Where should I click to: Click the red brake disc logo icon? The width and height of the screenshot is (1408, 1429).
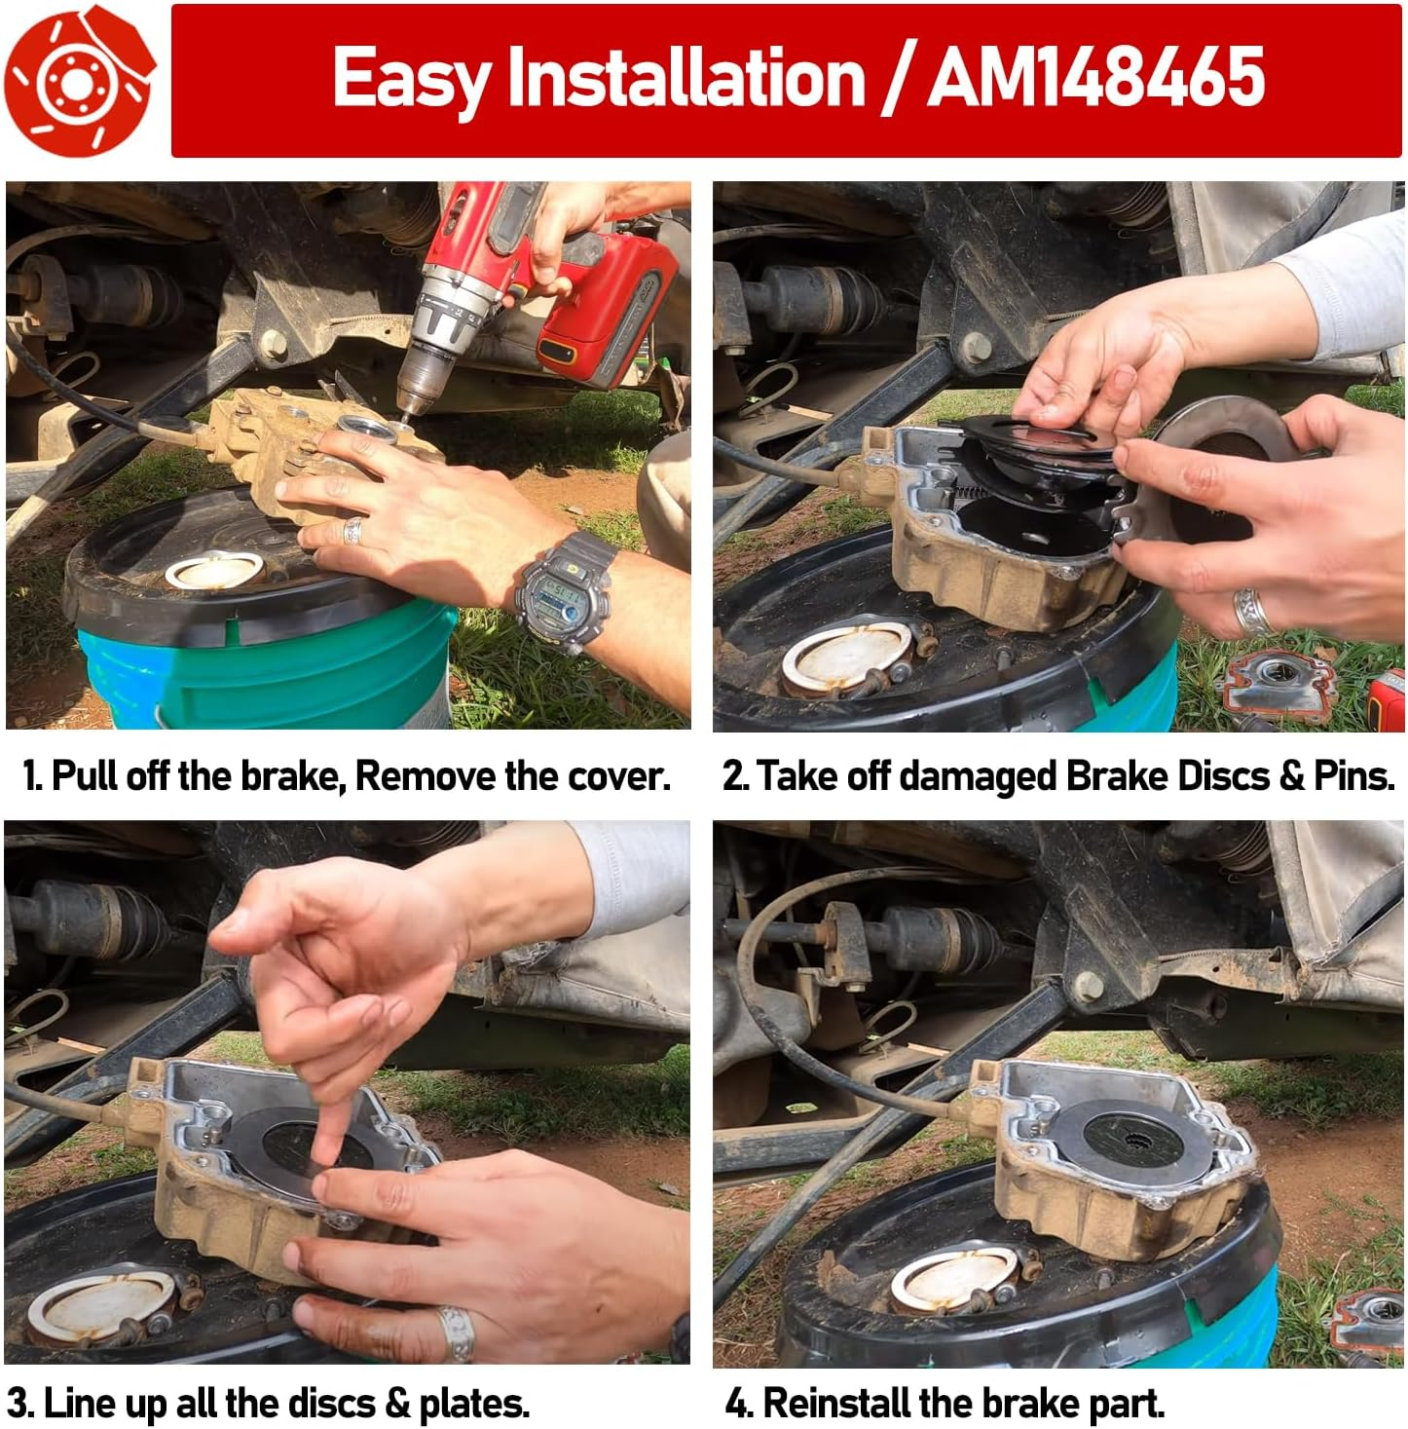78,80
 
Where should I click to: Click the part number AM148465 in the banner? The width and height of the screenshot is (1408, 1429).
1095,78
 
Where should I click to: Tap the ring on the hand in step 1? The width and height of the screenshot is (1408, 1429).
352,531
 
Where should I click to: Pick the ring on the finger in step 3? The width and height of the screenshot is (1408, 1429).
456,1332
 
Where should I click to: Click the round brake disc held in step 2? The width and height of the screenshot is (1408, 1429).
1222,468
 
